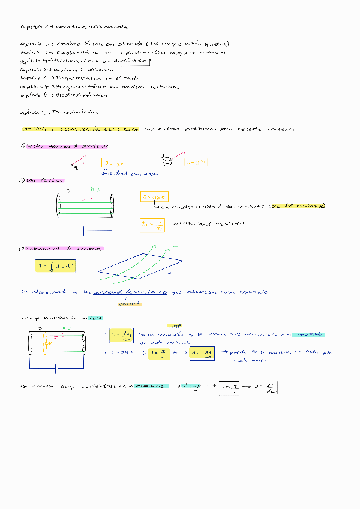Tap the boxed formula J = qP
[115, 163]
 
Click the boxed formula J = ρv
[196, 163]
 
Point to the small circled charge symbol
[168, 161]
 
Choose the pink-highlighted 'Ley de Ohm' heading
[42, 180]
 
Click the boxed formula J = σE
[154, 196]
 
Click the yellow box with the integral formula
[55, 265]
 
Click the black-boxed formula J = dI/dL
[265, 388]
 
